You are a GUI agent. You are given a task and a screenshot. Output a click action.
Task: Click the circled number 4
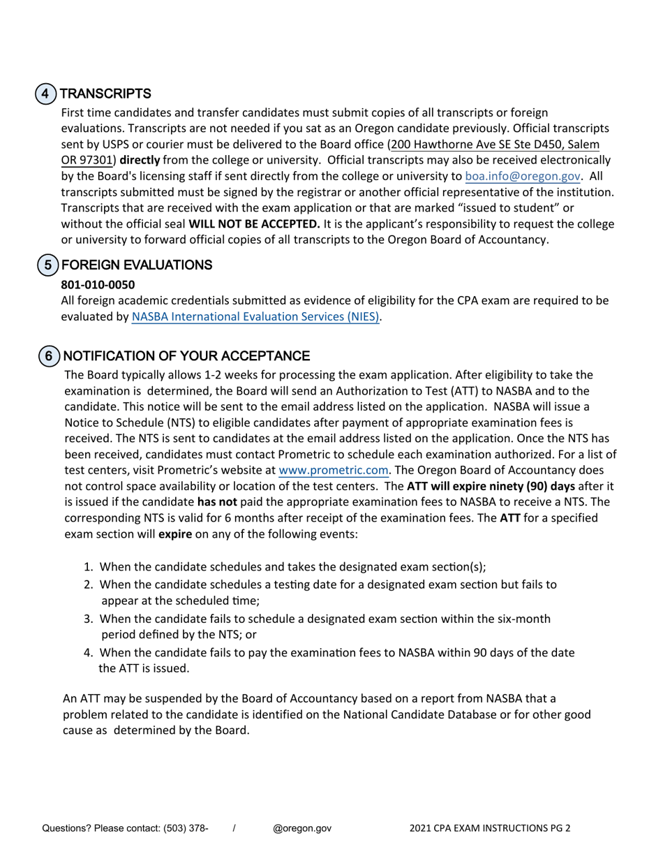click(x=45, y=94)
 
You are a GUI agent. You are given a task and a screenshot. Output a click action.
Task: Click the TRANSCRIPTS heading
click(x=105, y=94)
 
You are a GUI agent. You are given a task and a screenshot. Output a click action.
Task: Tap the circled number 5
click(x=47, y=265)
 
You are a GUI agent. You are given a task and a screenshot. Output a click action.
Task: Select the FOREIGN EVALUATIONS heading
click(x=136, y=265)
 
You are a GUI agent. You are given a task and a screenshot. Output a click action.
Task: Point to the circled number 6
click(x=49, y=356)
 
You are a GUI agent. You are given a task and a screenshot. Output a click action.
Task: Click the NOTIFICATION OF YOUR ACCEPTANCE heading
click(x=186, y=356)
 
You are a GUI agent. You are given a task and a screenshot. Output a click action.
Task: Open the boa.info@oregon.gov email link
click(x=523, y=177)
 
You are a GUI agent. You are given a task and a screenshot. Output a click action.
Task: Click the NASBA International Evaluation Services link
click(x=255, y=316)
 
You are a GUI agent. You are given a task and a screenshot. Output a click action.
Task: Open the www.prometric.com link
click(x=333, y=470)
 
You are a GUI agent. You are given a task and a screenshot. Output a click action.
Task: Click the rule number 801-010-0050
click(x=98, y=284)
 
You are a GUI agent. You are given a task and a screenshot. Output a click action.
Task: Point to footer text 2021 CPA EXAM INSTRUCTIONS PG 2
click(x=489, y=828)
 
